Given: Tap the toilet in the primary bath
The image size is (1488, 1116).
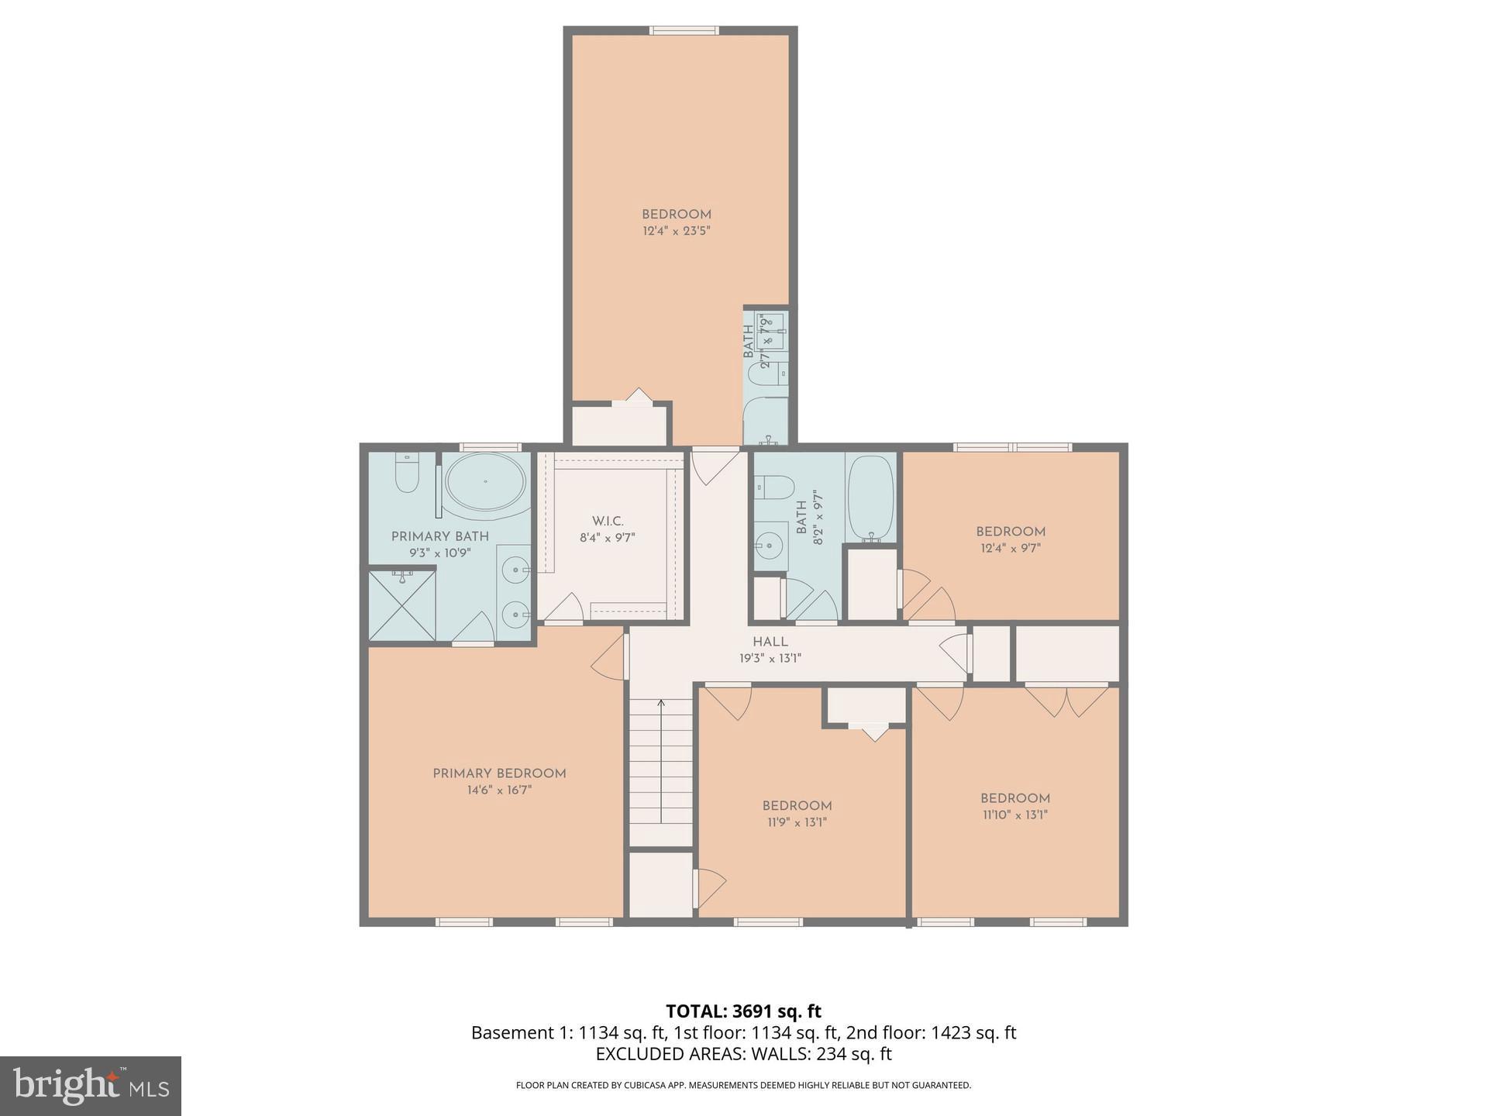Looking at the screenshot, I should point(407,472).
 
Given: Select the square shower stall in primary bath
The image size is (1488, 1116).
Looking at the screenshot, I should point(402,605).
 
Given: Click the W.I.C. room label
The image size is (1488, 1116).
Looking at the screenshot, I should point(608,522).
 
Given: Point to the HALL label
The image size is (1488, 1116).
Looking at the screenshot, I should point(770,642).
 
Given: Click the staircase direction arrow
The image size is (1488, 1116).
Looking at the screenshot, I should point(661,704).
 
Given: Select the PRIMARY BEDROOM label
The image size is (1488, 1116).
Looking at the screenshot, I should point(499,773).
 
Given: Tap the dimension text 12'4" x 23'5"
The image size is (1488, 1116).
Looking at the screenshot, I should point(677,231).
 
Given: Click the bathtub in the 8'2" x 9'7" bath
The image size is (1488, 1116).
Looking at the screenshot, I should point(870,498).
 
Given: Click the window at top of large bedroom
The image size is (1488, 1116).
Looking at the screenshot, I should point(684,31).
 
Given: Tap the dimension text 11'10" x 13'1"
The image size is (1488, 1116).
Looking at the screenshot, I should point(1015,815).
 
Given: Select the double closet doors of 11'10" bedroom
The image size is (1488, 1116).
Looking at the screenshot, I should point(1066,700).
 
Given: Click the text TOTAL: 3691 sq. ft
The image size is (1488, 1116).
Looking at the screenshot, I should point(743,1011).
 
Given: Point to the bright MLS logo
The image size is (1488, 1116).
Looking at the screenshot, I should point(91,1086).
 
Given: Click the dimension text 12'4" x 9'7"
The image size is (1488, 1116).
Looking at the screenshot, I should point(1011,548).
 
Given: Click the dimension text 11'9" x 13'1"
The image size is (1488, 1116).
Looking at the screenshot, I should point(797,822).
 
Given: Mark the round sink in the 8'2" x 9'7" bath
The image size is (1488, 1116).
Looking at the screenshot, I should point(770,546).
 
